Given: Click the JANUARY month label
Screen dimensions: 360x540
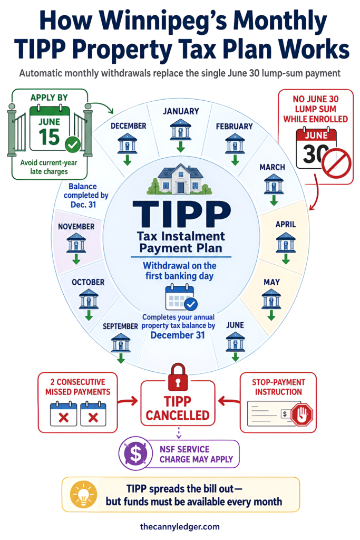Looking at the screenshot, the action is click(181, 111).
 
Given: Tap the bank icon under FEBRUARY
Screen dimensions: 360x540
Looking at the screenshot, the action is click(235, 143).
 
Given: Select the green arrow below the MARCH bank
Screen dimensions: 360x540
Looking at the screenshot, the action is click(274, 200).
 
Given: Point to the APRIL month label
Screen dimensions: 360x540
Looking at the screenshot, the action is click(286, 224).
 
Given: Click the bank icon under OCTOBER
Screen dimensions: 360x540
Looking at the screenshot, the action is click(89, 299).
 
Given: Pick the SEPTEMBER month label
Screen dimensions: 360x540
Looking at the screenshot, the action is click(121, 326).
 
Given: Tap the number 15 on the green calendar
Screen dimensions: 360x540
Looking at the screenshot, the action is click(49, 137).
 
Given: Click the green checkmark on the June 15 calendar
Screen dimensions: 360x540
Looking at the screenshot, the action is click(73, 144).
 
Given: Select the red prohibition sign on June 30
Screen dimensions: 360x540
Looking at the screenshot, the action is click(336, 163).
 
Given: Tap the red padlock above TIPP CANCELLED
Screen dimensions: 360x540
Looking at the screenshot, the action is click(178, 378).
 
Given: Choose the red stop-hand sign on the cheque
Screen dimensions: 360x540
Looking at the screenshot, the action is click(302, 414).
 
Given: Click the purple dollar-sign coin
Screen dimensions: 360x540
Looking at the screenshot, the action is click(136, 453).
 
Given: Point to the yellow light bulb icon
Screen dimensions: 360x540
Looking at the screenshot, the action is click(83, 495).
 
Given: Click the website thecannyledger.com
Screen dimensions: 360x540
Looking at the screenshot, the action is click(180, 527).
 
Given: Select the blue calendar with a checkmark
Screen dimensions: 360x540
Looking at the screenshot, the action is click(181, 297).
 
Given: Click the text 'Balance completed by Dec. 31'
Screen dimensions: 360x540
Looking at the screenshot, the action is click(86, 195).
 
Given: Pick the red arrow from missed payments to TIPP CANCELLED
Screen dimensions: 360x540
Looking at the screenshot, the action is click(128, 401).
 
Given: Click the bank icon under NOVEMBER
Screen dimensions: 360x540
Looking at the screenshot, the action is click(76, 243).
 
